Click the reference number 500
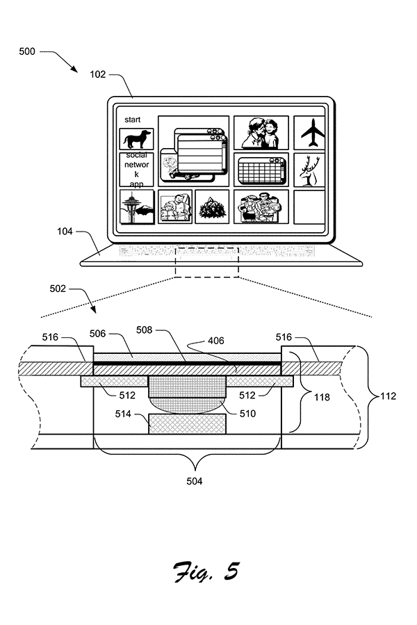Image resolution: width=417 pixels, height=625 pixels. [26, 51]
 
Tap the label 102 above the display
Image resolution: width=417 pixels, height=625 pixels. [98, 74]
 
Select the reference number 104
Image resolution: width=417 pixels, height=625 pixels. [65, 232]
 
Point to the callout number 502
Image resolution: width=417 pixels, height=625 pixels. [58, 289]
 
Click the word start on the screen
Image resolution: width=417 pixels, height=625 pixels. [132, 120]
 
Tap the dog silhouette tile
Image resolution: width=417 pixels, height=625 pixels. [137, 139]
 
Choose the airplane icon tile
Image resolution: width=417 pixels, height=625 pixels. [309, 133]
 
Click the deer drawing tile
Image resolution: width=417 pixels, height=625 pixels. [309, 170]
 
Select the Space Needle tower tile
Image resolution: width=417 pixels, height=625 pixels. [137, 206]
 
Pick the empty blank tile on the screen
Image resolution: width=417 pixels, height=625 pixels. [309, 206]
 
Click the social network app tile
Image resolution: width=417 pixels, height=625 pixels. [137, 170]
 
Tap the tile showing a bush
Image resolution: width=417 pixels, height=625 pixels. [212, 206]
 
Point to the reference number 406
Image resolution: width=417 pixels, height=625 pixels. [216, 341]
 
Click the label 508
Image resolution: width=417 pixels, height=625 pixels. [145, 330]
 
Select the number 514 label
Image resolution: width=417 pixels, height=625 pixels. [123, 414]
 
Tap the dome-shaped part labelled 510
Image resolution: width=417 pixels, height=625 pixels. [187, 405]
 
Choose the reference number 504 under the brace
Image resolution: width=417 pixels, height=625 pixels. [195, 482]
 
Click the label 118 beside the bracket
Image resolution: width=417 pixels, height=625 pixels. [322, 398]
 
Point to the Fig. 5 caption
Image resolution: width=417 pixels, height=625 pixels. [206, 572]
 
